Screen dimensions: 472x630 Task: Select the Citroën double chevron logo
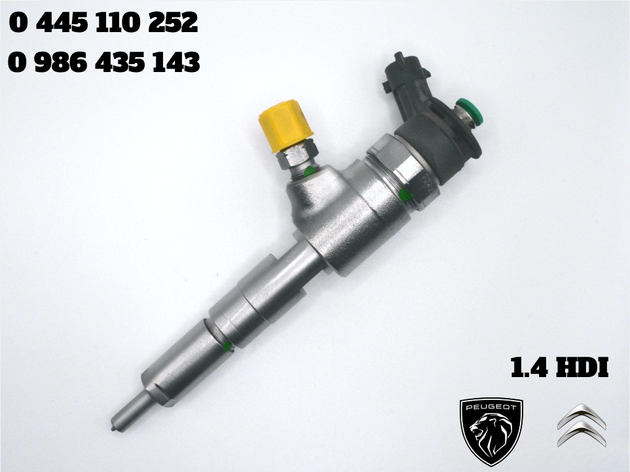click(582, 426)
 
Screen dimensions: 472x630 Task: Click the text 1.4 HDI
click(559, 367)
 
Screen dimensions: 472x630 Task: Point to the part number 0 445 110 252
click(103, 24)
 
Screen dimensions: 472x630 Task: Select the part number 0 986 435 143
click(103, 62)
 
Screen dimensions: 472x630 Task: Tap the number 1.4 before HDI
click(529, 367)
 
